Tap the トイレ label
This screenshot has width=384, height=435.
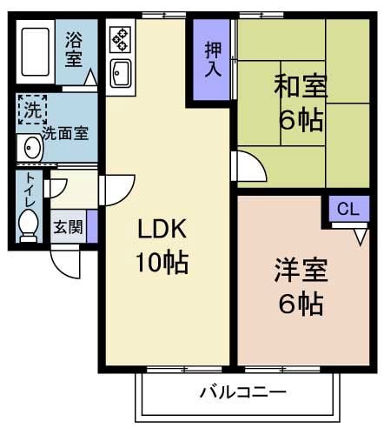(30, 191)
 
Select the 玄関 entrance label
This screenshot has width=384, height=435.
(68, 228)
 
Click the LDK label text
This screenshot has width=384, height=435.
(162, 229)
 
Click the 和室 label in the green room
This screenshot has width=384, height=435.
(301, 86)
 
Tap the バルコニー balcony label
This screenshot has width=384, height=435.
(242, 392)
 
